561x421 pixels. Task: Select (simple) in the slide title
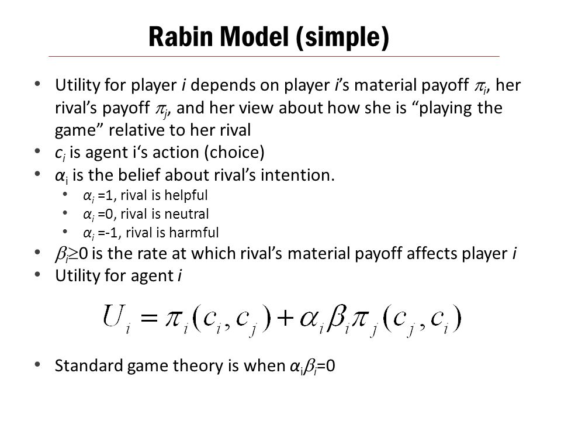click(x=342, y=37)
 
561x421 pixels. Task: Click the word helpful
click(x=186, y=195)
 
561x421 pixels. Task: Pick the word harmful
click(x=194, y=233)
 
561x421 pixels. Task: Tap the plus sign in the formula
click(x=285, y=317)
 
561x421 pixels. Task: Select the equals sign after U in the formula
click(x=149, y=318)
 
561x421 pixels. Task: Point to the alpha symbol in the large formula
click(x=309, y=318)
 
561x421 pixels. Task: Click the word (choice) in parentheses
click(x=234, y=153)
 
